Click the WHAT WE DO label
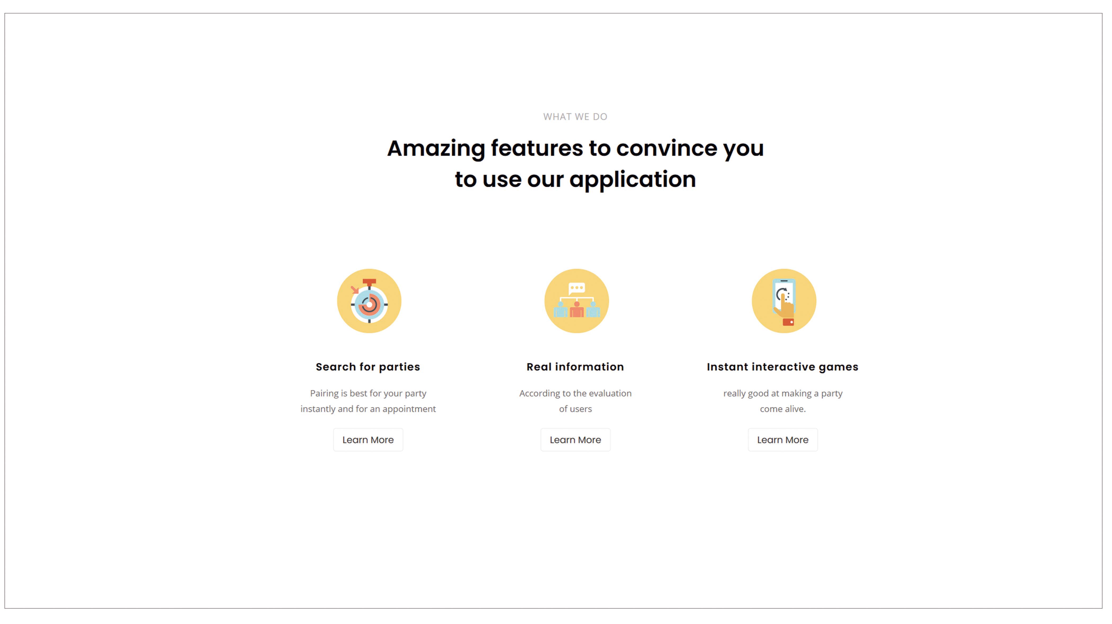575,117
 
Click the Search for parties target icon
369,301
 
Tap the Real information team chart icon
576,301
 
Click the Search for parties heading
368,367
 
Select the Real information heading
575,367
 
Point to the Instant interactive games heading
782,367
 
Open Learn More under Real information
575,440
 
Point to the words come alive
783,409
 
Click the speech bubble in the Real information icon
577,288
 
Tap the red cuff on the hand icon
788,322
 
